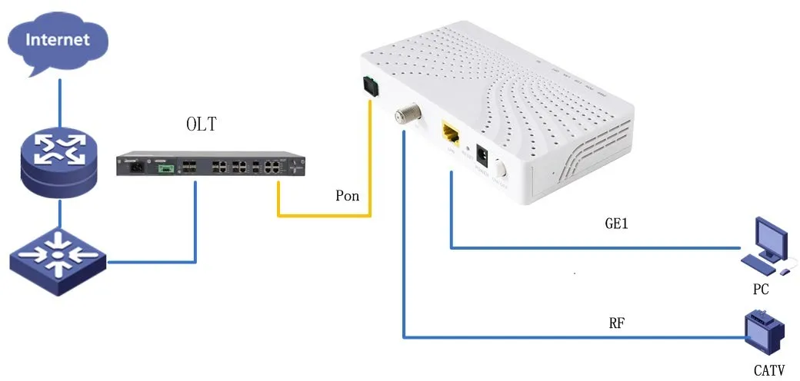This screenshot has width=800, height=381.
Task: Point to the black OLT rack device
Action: click(211, 165)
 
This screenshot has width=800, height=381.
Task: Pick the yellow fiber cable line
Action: click(323, 214)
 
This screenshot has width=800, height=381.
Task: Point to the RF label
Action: click(616, 323)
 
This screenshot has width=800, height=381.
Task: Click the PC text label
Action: click(761, 291)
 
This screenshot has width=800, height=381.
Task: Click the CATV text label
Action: click(768, 371)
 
